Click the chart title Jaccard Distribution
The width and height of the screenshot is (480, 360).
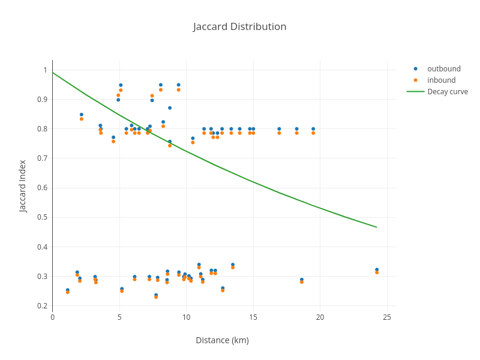pos(239,26)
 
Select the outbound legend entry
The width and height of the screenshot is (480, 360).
pos(443,68)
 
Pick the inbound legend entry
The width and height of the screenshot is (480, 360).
pos(441,80)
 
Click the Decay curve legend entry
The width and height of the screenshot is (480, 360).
pos(447,91)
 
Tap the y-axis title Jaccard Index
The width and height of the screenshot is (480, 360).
pos(23,186)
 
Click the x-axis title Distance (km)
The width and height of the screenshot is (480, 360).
pos(222,340)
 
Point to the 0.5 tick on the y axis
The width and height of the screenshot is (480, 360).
pos(43,217)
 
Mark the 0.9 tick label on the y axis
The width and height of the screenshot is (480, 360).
pos(43,100)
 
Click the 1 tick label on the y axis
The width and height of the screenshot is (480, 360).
pos(45,70)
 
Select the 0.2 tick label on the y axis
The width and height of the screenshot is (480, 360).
pos(43,306)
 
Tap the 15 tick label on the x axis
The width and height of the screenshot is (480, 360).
pos(253,317)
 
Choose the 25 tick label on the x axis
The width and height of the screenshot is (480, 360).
pos(387,317)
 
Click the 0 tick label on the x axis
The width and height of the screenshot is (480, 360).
pos(53,317)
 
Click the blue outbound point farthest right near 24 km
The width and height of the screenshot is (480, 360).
pos(377,270)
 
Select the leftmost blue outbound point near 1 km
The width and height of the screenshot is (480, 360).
pos(67,290)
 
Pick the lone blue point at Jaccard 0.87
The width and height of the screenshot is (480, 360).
pos(170,108)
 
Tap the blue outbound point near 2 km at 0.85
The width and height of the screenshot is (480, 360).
pos(82,115)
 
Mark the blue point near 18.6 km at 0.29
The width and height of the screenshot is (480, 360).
pos(302,280)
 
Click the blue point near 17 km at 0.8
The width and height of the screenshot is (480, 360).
pos(279,129)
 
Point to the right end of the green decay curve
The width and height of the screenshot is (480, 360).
pos(377,227)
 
